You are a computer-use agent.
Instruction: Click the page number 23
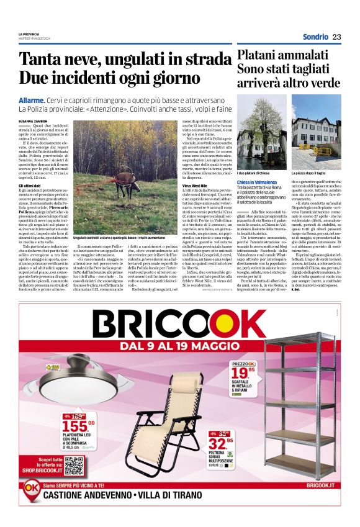click(336, 37)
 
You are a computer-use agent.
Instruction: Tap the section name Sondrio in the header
click(315, 37)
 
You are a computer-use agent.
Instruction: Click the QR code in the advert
click(74, 466)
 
